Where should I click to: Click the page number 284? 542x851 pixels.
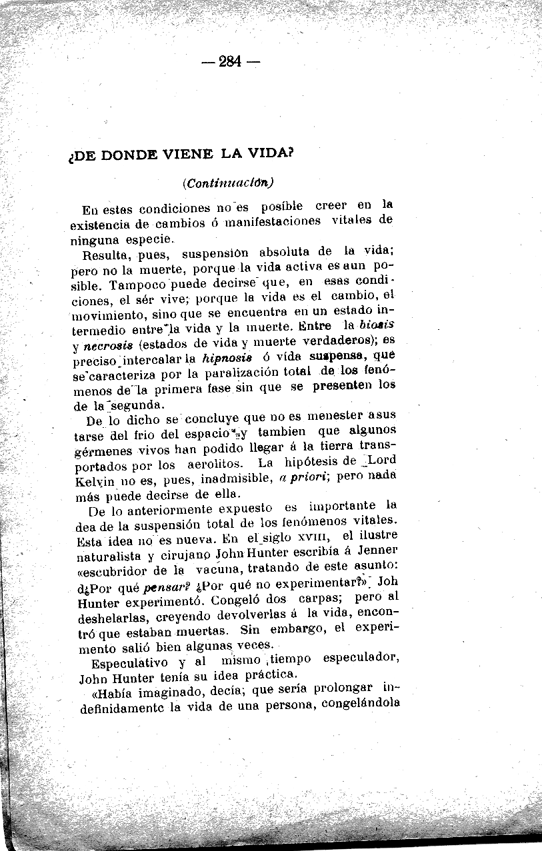click(229, 63)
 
